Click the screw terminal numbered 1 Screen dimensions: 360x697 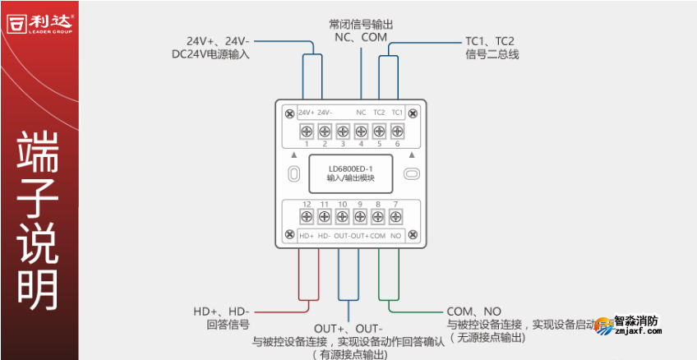[x=306, y=132]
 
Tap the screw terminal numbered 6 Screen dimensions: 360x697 [x=397, y=132]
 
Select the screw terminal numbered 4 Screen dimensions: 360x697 [x=361, y=132]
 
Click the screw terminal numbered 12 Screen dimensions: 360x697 [x=306, y=216]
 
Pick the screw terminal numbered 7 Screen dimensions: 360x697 [x=396, y=216]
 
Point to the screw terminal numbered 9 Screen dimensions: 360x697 [x=360, y=216]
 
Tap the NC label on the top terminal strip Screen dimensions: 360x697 [x=361, y=113]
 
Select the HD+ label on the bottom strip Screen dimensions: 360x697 [x=307, y=236]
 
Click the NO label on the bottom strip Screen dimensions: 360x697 [x=396, y=236]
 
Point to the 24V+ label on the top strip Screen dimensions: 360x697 [x=306, y=113]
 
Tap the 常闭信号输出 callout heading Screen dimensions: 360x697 [x=361, y=24]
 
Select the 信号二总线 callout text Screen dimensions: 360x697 [x=492, y=54]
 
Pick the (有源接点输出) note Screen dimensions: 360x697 [x=349, y=354]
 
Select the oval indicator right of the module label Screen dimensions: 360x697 [x=412, y=173]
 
